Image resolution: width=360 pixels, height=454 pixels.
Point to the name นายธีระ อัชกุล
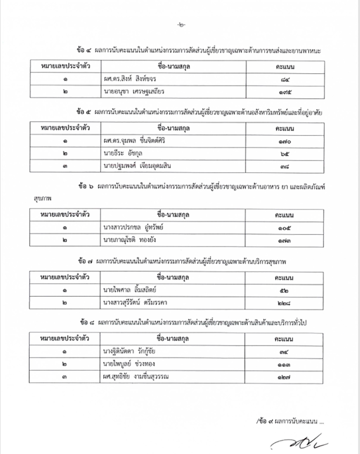(x=121, y=154)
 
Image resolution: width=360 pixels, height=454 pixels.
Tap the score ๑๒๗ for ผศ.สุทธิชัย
(x=284, y=376)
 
